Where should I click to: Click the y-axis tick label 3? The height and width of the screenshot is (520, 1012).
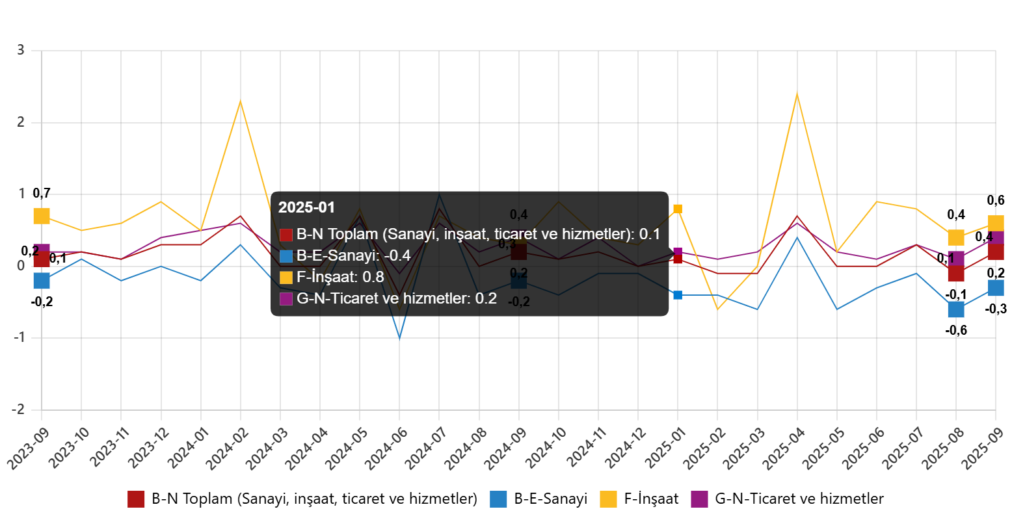(x=20, y=49)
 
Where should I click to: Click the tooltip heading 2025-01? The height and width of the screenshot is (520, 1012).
(x=306, y=207)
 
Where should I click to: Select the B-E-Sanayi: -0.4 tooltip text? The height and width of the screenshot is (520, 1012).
(x=353, y=256)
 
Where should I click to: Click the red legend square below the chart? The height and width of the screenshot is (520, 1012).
(x=136, y=499)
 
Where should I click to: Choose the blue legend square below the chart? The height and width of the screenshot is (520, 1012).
(x=498, y=499)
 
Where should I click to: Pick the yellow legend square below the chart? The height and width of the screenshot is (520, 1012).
(x=608, y=499)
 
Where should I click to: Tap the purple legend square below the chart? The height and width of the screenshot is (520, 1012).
(x=699, y=499)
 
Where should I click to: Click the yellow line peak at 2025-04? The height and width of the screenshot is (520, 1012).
(x=797, y=94)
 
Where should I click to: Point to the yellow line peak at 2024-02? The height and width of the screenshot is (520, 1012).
(x=240, y=101)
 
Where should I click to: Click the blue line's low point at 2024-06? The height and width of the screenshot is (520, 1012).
(x=399, y=337)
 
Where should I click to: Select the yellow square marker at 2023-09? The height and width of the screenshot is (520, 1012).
(x=42, y=216)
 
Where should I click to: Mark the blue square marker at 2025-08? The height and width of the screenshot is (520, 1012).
(x=955, y=309)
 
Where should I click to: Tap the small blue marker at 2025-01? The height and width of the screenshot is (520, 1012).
(x=678, y=295)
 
